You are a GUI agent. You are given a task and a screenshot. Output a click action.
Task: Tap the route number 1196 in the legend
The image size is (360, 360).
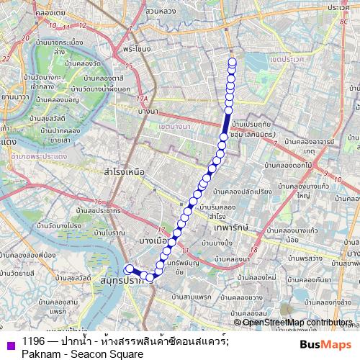point(34,342)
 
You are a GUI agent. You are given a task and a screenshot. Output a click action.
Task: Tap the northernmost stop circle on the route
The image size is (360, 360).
point(232,61)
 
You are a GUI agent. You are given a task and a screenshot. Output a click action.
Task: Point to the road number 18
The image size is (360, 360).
point(254,249)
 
